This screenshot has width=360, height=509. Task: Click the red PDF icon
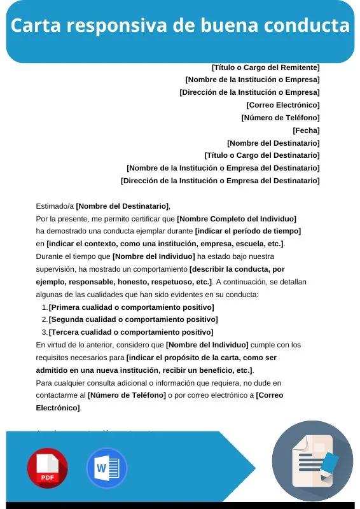pyautogui.click(x=47, y=468)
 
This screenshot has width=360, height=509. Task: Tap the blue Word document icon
pyautogui.click(x=106, y=468)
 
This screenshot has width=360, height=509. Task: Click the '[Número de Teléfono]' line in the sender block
pyautogui.click(x=280, y=118)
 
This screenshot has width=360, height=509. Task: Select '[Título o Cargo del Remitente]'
pyautogui.click(x=265, y=67)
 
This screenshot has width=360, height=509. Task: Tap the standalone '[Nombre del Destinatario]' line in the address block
pyautogui.click(x=273, y=143)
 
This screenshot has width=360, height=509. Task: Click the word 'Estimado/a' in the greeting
pyautogui.click(x=55, y=206)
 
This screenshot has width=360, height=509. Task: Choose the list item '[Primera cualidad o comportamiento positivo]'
pyautogui.click(x=131, y=307)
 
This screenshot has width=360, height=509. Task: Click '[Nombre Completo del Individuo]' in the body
pyautogui.click(x=237, y=219)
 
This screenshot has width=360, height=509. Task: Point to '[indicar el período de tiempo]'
pyautogui.click(x=247, y=231)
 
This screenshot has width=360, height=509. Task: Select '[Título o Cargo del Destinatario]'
pyautogui.click(x=261, y=155)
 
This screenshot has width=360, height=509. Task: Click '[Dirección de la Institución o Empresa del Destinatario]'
pyautogui.click(x=220, y=181)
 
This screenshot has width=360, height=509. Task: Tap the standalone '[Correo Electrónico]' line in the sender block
pyautogui.click(x=282, y=105)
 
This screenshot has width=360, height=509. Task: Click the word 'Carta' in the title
pyautogui.click(x=36, y=26)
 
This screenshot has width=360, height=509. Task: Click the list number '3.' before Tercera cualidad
pyautogui.click(x=45, y=332)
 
